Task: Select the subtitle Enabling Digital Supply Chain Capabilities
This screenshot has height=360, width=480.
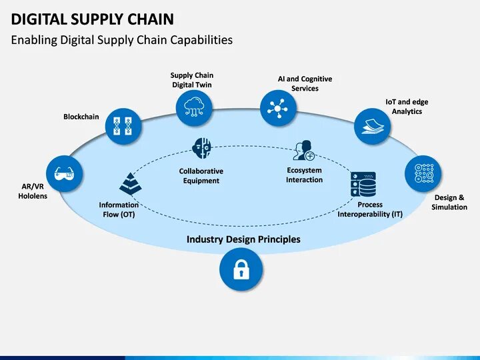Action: click(x=122, y=40)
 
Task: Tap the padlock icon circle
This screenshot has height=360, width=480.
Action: click(x=241, y=269)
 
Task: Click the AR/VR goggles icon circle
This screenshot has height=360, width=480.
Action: click(x=65, y=174)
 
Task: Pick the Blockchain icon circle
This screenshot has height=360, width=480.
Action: click(x=123, y=126)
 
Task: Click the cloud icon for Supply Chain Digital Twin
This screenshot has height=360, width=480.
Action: click(x=194, y=107)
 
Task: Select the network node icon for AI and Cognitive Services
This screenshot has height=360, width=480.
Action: click(x=278, y=107)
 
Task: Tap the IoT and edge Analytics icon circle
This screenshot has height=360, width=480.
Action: click(x=372, y=126)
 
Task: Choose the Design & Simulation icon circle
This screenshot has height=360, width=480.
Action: click(x=423, y=174)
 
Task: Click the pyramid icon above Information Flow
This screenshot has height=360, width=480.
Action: click(x=129, y=183)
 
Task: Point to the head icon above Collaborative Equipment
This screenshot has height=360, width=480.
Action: click(x=201, y=148)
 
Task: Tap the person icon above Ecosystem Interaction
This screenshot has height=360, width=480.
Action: click(x=304, y=151)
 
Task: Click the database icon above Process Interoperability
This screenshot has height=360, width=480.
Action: click(x=363, y=184)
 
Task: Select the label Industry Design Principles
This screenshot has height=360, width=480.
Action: click(x=243, y=239)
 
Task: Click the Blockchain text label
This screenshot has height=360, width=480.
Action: click(x=81, y=117)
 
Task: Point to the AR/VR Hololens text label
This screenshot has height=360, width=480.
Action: click(x=33, y=191)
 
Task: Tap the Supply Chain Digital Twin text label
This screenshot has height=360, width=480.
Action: click(x=192, y=80)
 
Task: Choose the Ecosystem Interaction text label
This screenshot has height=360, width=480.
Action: click(x=304, y=175)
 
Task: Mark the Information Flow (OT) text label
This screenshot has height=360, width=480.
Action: click(x=119, y=209)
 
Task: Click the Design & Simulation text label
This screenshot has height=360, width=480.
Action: click(x=449, y=203)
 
